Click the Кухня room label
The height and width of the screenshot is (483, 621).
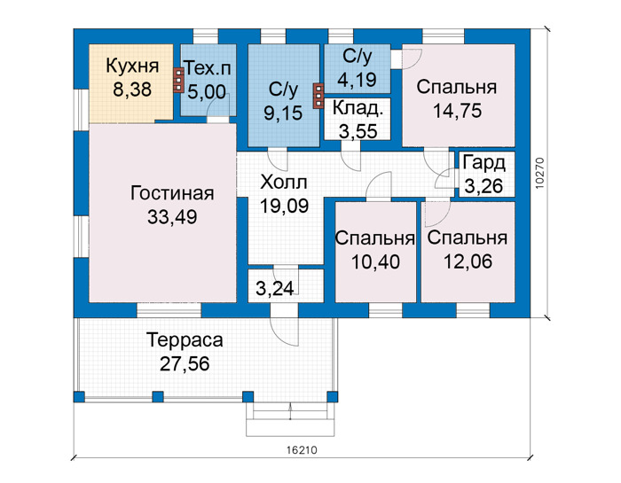(x=132, y=66)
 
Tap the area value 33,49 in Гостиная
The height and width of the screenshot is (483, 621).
(x=172, y=217)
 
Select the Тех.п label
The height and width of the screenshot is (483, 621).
(x=208, y=68)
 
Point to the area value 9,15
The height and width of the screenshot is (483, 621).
(x=283, y=113)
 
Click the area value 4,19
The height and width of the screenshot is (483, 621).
(x=357, y=79)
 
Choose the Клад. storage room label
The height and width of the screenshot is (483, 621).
(x=358, y=107)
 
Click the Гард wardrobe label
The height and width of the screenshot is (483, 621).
(x=484, y=163)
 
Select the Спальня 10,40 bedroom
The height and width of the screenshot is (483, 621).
(x=375, y=250)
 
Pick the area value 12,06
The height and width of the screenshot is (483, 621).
(x=468, y=261)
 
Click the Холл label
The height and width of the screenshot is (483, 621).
(x=284, y=183)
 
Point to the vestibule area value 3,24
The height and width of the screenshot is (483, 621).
(x=275, y=288)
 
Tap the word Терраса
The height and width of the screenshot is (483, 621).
(x=185, y=339)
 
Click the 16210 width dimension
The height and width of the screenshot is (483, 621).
(x=302, y=450)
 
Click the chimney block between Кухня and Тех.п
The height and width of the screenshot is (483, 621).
(x=178, y=81)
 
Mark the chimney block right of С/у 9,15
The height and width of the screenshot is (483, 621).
(x=318, y=96)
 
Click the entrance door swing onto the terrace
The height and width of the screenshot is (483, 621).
(x=284, y=331)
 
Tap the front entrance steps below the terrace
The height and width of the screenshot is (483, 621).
(x=290, y=419)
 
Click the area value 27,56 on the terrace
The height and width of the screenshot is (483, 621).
(x=185, y=364)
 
